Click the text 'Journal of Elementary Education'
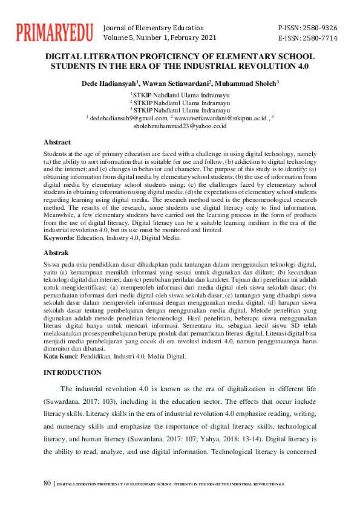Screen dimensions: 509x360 [154, 28]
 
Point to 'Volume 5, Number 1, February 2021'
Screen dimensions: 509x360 [160, 37]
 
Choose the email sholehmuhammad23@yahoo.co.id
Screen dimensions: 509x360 [180, 126]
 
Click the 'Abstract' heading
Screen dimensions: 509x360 [57, 142]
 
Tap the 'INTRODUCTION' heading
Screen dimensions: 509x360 [73, 372]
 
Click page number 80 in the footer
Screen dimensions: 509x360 [48, 484]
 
